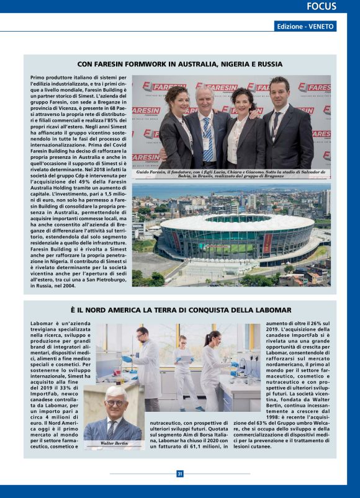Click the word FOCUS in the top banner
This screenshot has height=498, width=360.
(x=322, y=7)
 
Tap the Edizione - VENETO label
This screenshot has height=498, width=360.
(x=305, y=27)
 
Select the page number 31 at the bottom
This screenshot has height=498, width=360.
(x=180, y=474)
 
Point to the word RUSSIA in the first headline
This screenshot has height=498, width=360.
(x=269, y=64)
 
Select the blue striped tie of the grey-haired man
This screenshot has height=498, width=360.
(x=207, y=140)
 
